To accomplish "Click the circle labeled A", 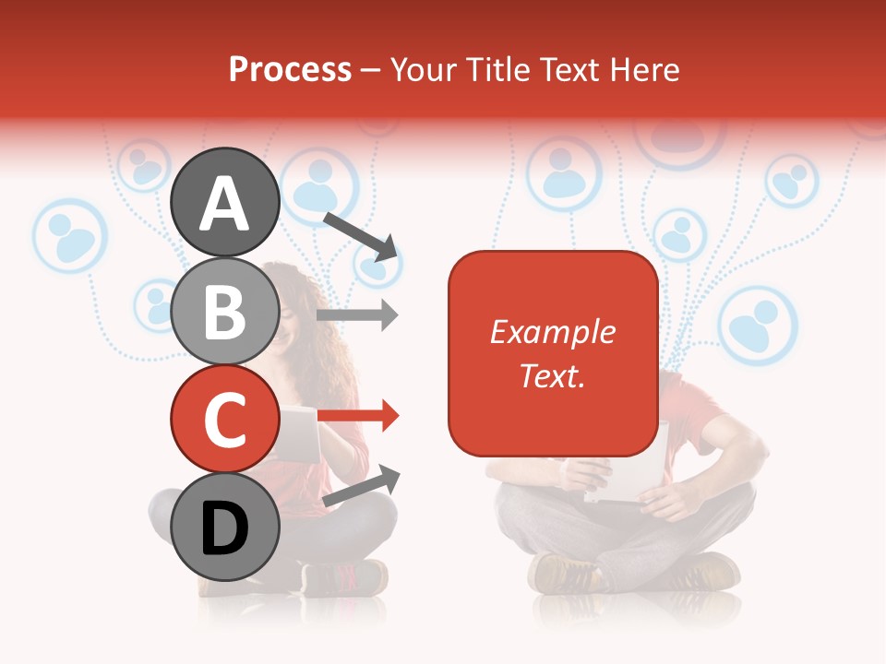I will pyautogui.click(x=225, y=203).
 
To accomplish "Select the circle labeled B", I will pyautogui.click(x=225, y=311).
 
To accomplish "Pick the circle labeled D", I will pyautogui.click(x=225, y=527).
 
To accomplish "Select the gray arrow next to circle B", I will pyautogui.click(x=358, y=314).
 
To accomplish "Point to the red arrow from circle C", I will pyautogui.click(x=358, y=417).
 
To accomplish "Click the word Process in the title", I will pyautogui.click(x=290, y=69).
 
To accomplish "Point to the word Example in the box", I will pyautogui.click(x=552, y=332).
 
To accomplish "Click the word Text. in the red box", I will pyautogui.click(x=552, y=375).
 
